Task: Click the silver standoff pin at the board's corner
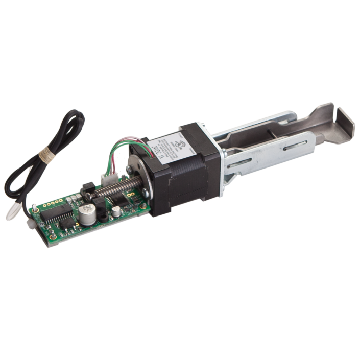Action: click(34, 208)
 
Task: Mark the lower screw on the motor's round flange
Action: click(146, 193)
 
